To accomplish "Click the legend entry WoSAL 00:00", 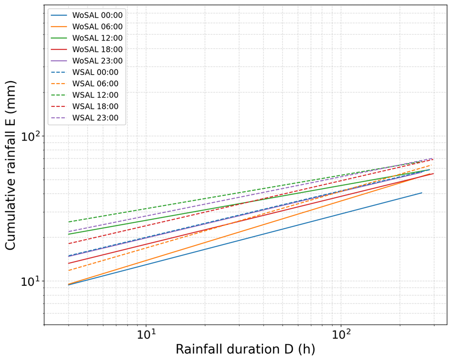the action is pyautogui.click(x=87, y=15).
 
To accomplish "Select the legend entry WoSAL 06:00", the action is pyautogui.click(x=87, y=27).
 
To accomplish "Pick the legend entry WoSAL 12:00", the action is pyautogui.click(x=87, y=38).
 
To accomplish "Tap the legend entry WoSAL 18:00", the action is pyautogui.click(x=87, y=50).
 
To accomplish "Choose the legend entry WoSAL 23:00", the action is pyautogui.click(x=87, y=61).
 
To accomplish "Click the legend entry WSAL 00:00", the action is pyautogui.click(x=85, y=72).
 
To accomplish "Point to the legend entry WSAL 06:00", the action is pyautogui.click(x=85, y=84).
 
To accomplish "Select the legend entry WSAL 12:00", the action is pyautogui.click(x=85, y=95).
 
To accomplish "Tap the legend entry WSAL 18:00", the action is pyautogui.click(x=85, y=106).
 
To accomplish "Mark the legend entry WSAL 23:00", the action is pyautogui.click(x=85, y=118).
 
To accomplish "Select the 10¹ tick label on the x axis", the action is pyautogui.click(x=146, y=334).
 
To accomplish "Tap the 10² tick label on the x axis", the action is pyautogui.click(x=341, y=334).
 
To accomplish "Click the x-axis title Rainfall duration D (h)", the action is pyautogui.click(x=246, y=349).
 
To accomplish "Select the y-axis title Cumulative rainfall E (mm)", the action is pyautogui.click(x=10, y=165).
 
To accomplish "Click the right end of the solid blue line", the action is pyautogui.click(x=422, y=193).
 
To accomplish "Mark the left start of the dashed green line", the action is pyautogui.click(x=69, y=222).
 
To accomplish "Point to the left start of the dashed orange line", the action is pyautogui.click(x=69, y=270).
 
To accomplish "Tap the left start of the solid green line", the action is pyautogui.click(x=69, y=234).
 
